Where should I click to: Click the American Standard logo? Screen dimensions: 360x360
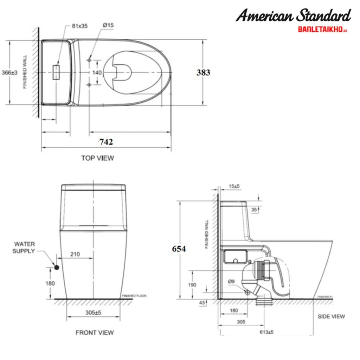click(293, 16)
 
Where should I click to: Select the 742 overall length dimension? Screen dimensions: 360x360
click(106, 142)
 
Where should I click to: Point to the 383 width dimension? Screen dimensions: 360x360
click(203, 72)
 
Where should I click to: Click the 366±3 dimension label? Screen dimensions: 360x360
click(9, 72)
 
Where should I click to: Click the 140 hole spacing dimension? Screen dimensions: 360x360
click(97, 72)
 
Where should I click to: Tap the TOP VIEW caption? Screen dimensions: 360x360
click(97, 158)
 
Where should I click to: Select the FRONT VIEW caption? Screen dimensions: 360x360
click(95, 332)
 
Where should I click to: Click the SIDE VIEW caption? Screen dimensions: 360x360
click(331, 316)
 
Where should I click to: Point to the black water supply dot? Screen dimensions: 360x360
click(57, 268)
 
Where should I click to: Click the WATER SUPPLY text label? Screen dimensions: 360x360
click(24, 247)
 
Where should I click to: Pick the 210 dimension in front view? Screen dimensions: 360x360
click(75, 254)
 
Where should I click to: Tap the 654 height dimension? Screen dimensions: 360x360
click(179, 249)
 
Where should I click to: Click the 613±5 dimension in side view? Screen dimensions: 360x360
click(267, 332)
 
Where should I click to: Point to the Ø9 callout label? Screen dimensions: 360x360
click(231, 281)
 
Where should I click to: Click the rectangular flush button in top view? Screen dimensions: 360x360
click(56, 72)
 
